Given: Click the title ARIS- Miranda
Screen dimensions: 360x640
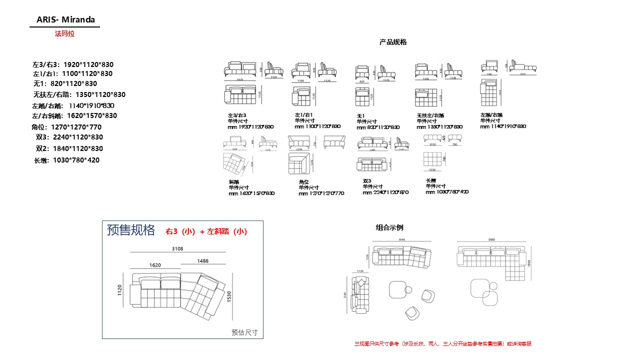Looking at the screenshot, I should (65, 20).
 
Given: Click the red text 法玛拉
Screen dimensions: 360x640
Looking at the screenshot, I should (64, 34).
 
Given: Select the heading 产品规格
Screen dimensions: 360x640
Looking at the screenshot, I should (393, 42).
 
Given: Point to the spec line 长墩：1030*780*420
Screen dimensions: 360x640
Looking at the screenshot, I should (66, 160).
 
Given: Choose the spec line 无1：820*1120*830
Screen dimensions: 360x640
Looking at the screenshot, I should (65, 83).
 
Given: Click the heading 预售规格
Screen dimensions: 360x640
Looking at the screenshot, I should (131, 230).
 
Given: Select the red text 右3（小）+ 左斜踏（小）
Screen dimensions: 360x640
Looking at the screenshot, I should (206, 231).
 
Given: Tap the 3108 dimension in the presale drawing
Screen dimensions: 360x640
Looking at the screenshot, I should (177, 248).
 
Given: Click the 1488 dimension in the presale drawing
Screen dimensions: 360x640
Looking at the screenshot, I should (202, 260).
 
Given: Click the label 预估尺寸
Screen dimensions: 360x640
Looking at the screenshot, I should (244, 332).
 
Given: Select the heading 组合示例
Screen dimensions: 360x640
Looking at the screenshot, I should (389, 227).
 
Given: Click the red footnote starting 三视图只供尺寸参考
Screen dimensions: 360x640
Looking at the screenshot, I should (442, 344).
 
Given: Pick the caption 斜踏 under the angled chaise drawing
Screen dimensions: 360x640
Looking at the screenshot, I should (233, 182).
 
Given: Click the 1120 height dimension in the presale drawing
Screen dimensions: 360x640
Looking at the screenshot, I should (120, 290).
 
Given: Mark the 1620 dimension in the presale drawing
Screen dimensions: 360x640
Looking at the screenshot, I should (154, 265).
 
